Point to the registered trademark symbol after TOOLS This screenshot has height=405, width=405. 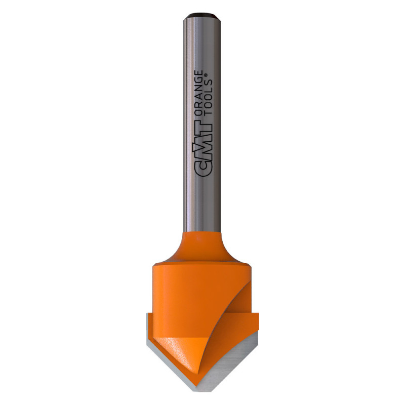[x=206, y=75]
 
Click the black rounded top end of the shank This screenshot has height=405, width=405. [x=202, y=16]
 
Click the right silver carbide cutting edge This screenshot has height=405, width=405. [x=227, y=362]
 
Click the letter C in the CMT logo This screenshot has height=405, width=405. [x=203, y=169]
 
